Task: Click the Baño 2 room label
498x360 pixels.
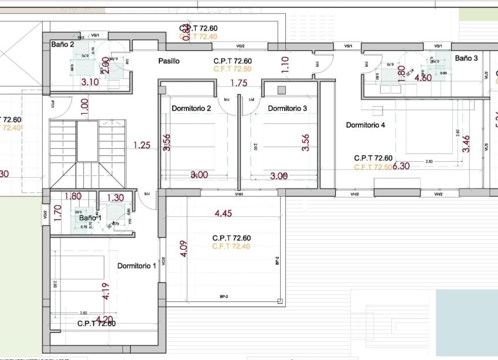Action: [x=62, y=44]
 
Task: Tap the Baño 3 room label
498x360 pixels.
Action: [x=467, y=58]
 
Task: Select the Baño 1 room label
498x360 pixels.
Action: [x=90, y=218]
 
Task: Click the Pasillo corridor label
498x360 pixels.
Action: [x=169, y=61]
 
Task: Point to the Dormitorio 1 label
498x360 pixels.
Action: [x=137, y=266]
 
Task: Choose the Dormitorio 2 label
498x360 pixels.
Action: [x=191, y=108]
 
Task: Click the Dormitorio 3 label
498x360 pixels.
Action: [x=287, y=108]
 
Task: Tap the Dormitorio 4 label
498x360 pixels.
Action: [x=366, y=125]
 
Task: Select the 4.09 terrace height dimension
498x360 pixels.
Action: [x=183, y=248]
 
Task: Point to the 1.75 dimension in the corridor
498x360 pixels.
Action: [x=238, y=83]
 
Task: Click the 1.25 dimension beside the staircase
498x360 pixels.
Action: [x=142, y=145]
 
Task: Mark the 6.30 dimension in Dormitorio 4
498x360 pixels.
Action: [x=401, y=167]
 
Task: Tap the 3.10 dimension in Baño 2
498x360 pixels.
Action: [x=90, y=82]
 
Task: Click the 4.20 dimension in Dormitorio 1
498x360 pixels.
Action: [x=104, y=320]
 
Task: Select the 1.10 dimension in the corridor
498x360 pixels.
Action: [x=285, y=64]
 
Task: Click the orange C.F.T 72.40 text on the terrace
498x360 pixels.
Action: [x=231, y=246]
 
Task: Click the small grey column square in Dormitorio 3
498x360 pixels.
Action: [x=282, y=90]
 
